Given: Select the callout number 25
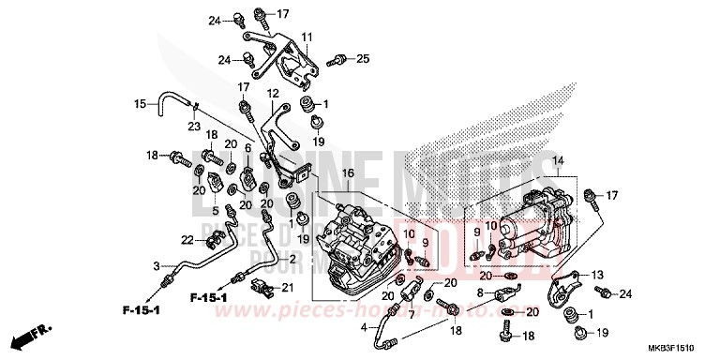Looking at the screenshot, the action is point(363,59).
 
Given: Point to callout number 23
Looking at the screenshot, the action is point(194,127).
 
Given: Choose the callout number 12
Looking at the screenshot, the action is point(273,94).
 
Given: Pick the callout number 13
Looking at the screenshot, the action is point(596,274).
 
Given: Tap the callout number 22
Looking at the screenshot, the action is point(160,239).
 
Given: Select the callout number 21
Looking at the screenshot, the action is point(289,287).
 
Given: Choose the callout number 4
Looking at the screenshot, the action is point(366,327).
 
